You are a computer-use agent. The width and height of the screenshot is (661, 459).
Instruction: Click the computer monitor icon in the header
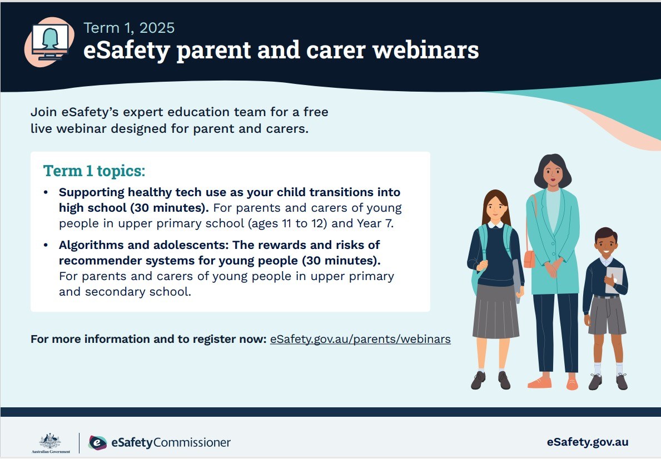click(x=49, y=42)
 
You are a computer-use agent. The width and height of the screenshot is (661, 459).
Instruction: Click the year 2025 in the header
click(x=156, y=28)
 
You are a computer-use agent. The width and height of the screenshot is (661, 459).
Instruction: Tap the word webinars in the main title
click(x=426, y=50)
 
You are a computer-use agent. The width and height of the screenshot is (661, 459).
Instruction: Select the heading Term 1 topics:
click(x=94, y=171)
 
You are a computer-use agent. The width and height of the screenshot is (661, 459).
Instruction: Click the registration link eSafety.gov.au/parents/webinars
click(x=360, y=339)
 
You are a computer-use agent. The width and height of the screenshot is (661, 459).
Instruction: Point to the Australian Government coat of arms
click(x=51, y=441)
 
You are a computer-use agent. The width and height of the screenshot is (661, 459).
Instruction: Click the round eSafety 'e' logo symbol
click(x=98, y=442)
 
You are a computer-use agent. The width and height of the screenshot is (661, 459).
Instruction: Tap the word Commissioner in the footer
click(x=192, y=442)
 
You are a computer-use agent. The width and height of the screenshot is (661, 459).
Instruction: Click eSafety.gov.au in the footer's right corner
click(x=588, y=442)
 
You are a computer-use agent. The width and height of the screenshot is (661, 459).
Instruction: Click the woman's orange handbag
click(x=529, y=259)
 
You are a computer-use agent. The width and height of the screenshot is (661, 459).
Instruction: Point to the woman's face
click(x=553, y=173)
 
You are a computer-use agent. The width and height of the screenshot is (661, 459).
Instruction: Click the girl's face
click(x=495, y=208)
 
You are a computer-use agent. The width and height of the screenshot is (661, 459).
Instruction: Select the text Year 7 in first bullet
click(x=375, y=223)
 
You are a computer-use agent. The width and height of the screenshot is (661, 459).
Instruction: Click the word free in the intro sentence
click(x=316, y=112)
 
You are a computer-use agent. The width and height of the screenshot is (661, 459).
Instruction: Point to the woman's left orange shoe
click(x=539, y=383)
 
